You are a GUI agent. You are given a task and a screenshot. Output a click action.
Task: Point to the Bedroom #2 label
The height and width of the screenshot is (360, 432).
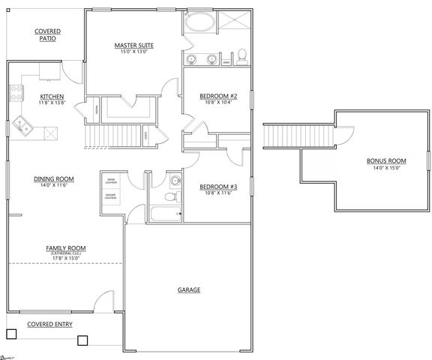218,96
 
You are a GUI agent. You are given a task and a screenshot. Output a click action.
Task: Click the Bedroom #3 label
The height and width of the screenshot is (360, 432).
218,187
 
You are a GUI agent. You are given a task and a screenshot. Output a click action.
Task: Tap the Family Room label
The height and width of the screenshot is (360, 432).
66,247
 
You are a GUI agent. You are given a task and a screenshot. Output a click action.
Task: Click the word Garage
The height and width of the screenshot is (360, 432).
188,289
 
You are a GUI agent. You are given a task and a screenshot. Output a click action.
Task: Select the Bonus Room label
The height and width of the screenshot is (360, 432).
386,160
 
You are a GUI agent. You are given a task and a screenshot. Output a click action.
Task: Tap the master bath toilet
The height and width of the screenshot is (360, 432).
242,54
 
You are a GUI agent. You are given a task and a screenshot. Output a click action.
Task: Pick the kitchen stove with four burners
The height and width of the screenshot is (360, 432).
15,94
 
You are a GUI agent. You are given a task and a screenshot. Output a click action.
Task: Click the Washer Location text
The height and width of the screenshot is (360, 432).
109,196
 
